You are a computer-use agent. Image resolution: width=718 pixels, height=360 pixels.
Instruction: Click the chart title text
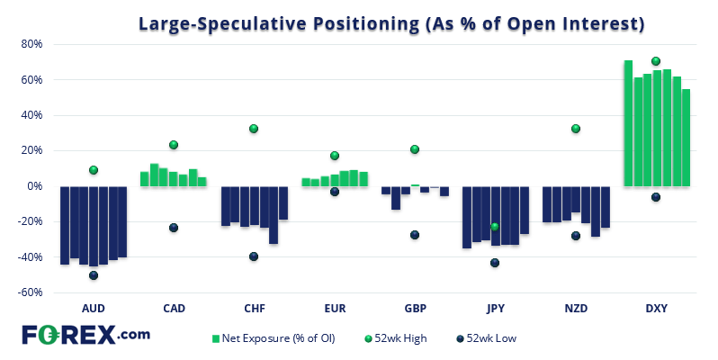pyautogui.click(x=391, y=24)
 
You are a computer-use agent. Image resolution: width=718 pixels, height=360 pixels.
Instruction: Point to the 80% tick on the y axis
pyautogui.click(x=32, y=44)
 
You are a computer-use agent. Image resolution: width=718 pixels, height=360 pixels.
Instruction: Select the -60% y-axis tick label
pyautogui.click(x=31, y=292)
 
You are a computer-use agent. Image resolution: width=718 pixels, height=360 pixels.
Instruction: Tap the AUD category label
pyautogui.click(x=94, y=308)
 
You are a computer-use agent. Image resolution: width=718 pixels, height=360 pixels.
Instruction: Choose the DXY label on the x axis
pyautogui.click(x=656, y=308)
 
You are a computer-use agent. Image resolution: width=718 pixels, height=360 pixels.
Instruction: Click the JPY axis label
pyautogui.click(x=495, y=308)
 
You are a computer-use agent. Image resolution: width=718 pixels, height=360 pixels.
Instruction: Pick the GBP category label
pyautogui.click(x=415, y=308)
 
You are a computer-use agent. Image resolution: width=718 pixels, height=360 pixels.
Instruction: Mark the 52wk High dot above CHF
pyautogui.click(x=254, y=129)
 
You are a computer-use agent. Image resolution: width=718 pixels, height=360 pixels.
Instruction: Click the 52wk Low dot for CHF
pyautogui.click(x=254, y=256)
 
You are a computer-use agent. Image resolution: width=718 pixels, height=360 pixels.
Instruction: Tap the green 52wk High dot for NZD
pyautogui.click(x=576, y=129)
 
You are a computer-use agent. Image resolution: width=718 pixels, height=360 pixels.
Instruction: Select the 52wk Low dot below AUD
pyautogui.click(x=94, y=275)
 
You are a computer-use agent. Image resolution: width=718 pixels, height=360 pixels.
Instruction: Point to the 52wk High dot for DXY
pyautogui.click(x=656, y=61)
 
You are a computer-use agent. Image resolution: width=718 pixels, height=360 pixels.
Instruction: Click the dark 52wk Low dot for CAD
pyautogui.click(x=174, y=228)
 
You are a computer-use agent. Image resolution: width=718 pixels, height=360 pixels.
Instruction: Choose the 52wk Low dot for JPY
pyautogui.click(x=495, y=263)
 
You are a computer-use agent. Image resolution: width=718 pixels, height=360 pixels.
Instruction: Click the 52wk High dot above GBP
pyautogui.click(x=415, y=149)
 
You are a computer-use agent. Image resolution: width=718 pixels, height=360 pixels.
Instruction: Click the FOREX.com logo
pyautogui.click(x=86, y=335)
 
